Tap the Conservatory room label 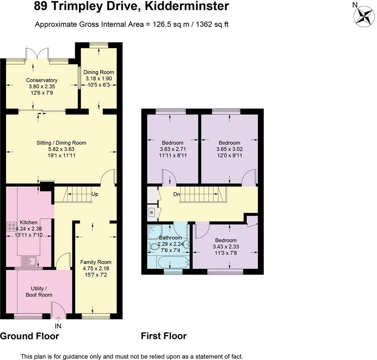point(41,80)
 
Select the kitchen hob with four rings point(11,227)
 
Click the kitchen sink point(29,261)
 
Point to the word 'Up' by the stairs point(95,194)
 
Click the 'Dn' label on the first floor point(176,194)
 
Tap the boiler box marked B point(152,213)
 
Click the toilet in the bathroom point(152,247)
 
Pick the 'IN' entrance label point(58,326)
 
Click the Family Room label point(96,262)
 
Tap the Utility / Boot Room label point(39,292)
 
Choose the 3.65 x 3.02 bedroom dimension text point(229,149)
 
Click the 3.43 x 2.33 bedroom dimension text point(226,247)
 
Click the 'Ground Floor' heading point(29,336)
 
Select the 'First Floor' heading point(164,336)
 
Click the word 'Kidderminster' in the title point(187,6)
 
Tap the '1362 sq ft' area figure point(212,24)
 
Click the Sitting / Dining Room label point(61,143)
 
